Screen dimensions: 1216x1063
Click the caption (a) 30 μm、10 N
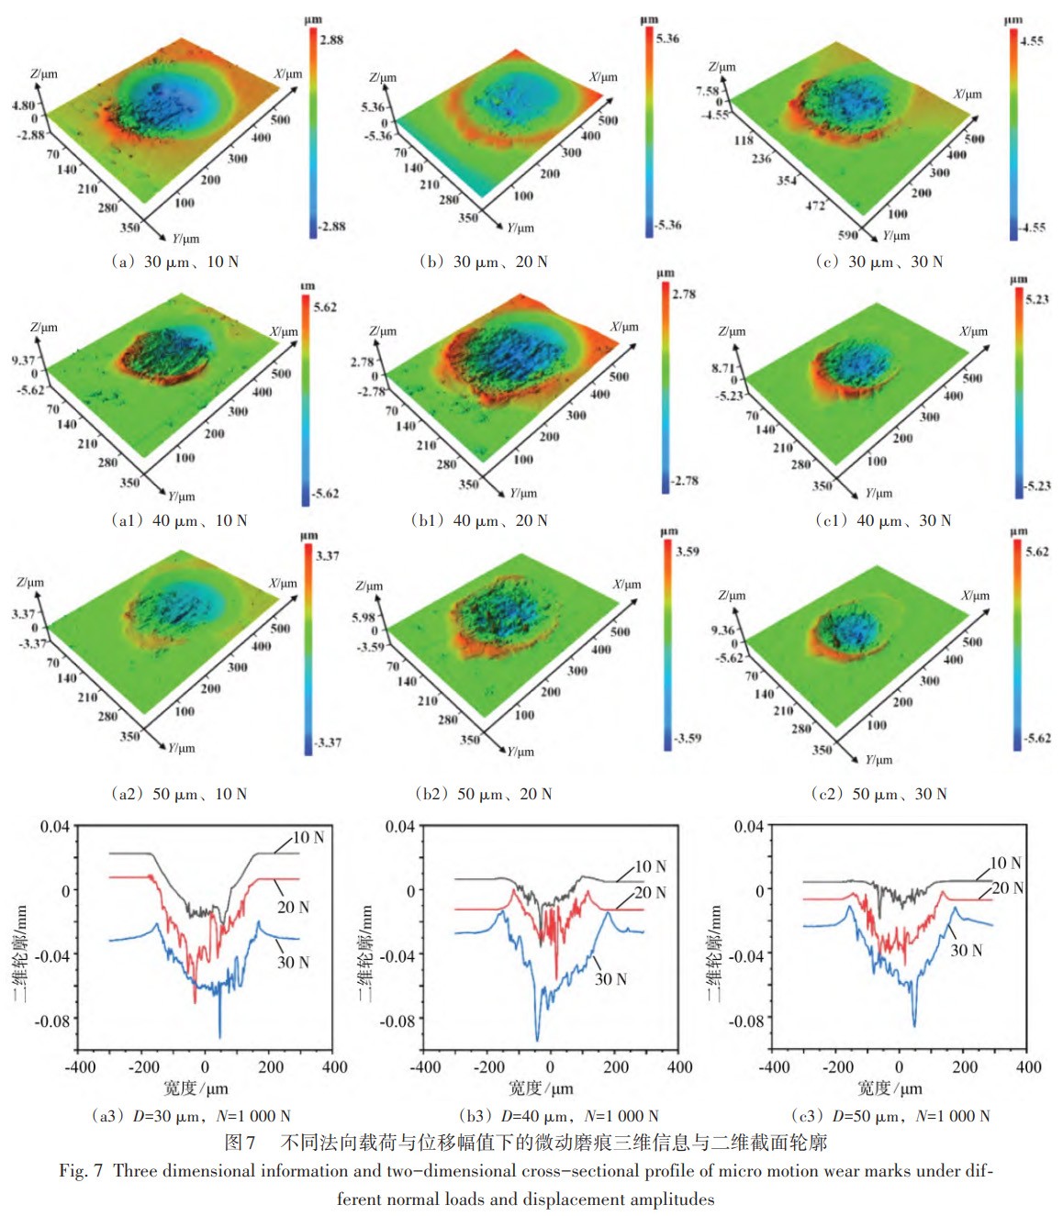click(x=173, y=262)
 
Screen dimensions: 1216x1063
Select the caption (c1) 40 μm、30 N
click(x=882, y=520)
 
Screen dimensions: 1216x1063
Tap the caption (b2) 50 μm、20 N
click(x=483, y=794)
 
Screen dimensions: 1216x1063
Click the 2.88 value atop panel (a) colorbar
click(x=331, y=39)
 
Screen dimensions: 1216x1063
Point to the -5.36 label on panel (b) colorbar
click(x=668, y=225)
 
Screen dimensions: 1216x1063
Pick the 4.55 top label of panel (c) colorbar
click(x=1032, y=40)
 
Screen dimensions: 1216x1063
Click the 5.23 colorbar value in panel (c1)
click(x=1037, y=299)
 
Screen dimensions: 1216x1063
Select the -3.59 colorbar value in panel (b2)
click(x=688, y=738)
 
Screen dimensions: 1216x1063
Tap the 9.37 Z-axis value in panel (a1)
click(x=24, y=360)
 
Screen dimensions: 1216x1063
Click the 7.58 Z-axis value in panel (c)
click(x=707, y=91)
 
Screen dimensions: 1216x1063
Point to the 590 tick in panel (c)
click(x=847, y=235)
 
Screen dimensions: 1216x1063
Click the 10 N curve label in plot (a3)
click(x=308, y=837)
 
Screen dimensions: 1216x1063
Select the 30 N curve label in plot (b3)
click(x=610, y=979)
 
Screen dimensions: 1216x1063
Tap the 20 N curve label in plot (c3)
click(x=1007, y=887)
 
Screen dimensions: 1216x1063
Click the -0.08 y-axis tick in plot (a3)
click(x=52, y=1021)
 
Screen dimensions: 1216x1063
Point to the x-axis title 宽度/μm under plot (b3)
click(x=541, y=1088)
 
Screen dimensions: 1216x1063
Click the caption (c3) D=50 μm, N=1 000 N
click(x=890, y=1116)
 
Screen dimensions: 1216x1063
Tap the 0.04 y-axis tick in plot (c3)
click(x=748, y=826)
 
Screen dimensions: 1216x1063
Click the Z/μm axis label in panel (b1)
click(x=383, y=330)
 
